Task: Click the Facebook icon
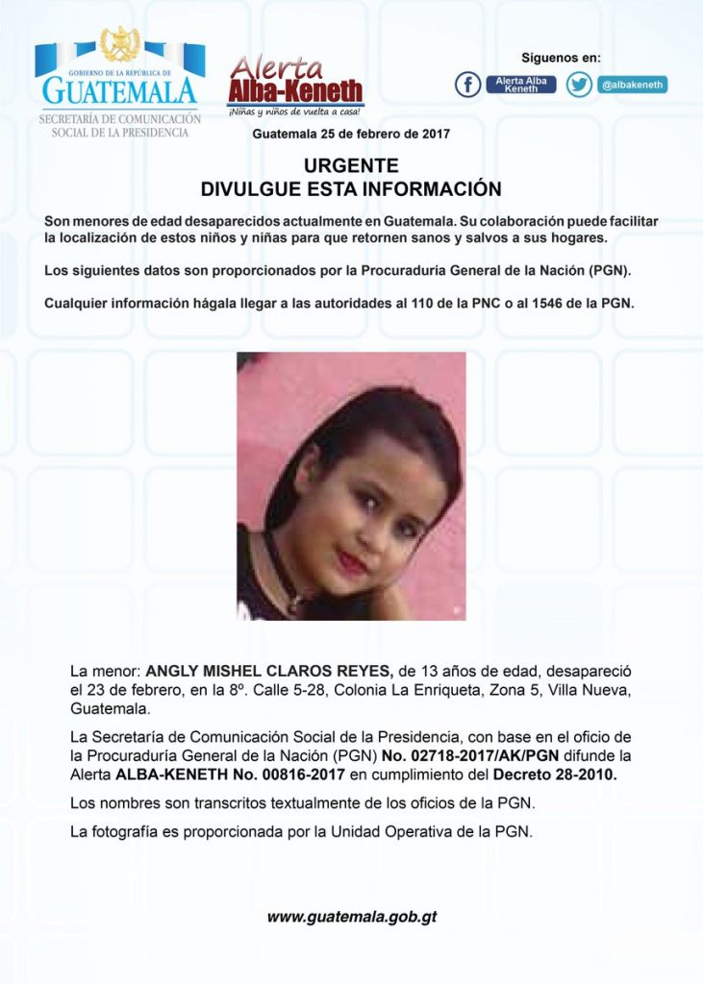click(x=467, y=85)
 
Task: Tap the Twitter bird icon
click(x=579, y=85)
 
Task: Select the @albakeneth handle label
click(x=632, y=85)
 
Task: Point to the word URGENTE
click(x=351, y=166)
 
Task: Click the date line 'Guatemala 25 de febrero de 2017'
click(x=351, y=135)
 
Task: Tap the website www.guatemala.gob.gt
click(x=351, y=917)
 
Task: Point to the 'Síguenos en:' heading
click(x=561, y=58)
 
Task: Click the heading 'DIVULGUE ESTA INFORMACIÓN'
click(x=351, y=189)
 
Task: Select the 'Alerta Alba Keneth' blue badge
click(x=521, y=85)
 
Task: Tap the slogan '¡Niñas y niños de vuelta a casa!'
click(x=294, y=112)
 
